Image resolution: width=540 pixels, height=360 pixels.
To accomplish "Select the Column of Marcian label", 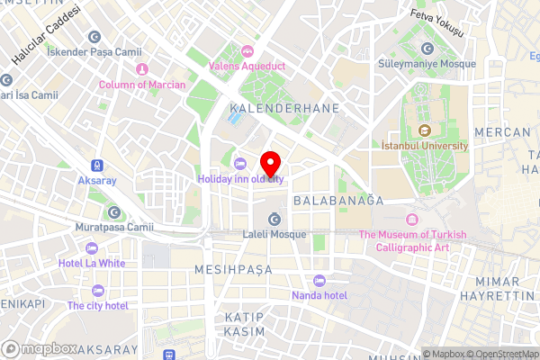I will pos(142,85).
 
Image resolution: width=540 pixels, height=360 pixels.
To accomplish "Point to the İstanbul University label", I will pos(425,145).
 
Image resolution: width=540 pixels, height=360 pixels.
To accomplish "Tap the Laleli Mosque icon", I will pos(273,219).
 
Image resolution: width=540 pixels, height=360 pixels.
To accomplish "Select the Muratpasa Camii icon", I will pos(114,212).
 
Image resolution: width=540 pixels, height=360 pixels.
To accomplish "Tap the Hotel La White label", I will pos(92,263).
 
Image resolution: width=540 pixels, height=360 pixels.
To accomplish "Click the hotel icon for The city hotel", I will pos(97,291).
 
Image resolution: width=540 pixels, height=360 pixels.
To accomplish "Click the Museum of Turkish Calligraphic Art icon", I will pos(412,220).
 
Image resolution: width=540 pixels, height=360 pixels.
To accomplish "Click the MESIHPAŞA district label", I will pos(231,269).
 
